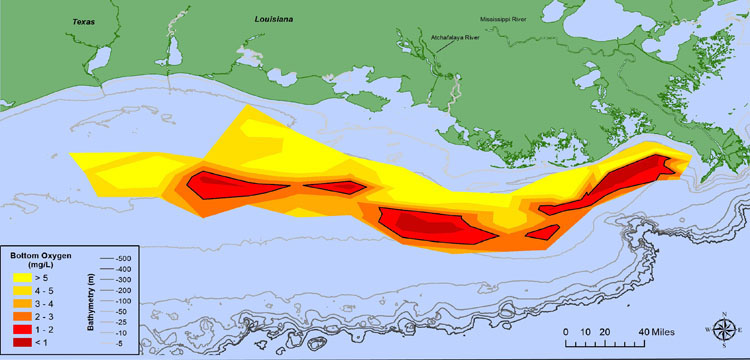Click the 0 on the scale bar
coord(566,331)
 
